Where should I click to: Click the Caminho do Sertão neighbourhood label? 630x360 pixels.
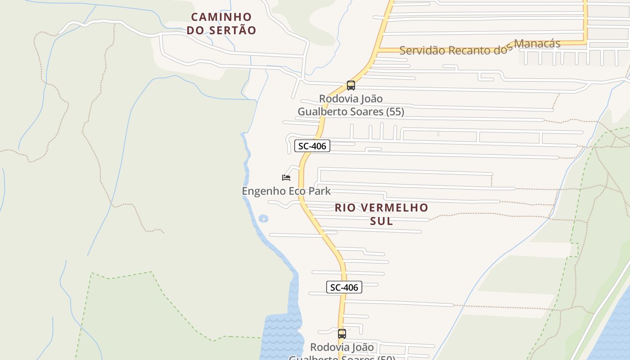(x=221, y=24)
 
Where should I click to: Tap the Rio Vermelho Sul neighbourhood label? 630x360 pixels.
(x=381, y=214)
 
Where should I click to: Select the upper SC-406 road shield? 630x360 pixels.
(x=312, y=146)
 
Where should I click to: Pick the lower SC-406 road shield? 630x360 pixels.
(x=344, y=287)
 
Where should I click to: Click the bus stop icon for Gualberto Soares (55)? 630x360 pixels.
(x=351, y=85)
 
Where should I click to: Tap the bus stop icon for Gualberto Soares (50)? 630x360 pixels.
(x=342, y=334)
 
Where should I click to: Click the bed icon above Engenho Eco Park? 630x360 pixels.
(x=286, y=178)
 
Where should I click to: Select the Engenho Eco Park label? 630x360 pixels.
(x=286, y=191)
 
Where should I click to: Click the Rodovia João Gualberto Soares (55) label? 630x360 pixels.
(x=351, y=105)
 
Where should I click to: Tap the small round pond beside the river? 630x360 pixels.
(x=263, y=219)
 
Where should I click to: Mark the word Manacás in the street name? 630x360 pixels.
(x=537, y=44)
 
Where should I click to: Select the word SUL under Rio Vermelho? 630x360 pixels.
(x=381, y=221)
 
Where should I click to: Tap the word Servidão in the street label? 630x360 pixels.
(x=419, y=50)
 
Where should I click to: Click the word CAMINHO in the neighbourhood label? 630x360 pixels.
(x=221, y=17)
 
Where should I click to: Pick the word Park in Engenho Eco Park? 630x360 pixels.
(x=319, y=191)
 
